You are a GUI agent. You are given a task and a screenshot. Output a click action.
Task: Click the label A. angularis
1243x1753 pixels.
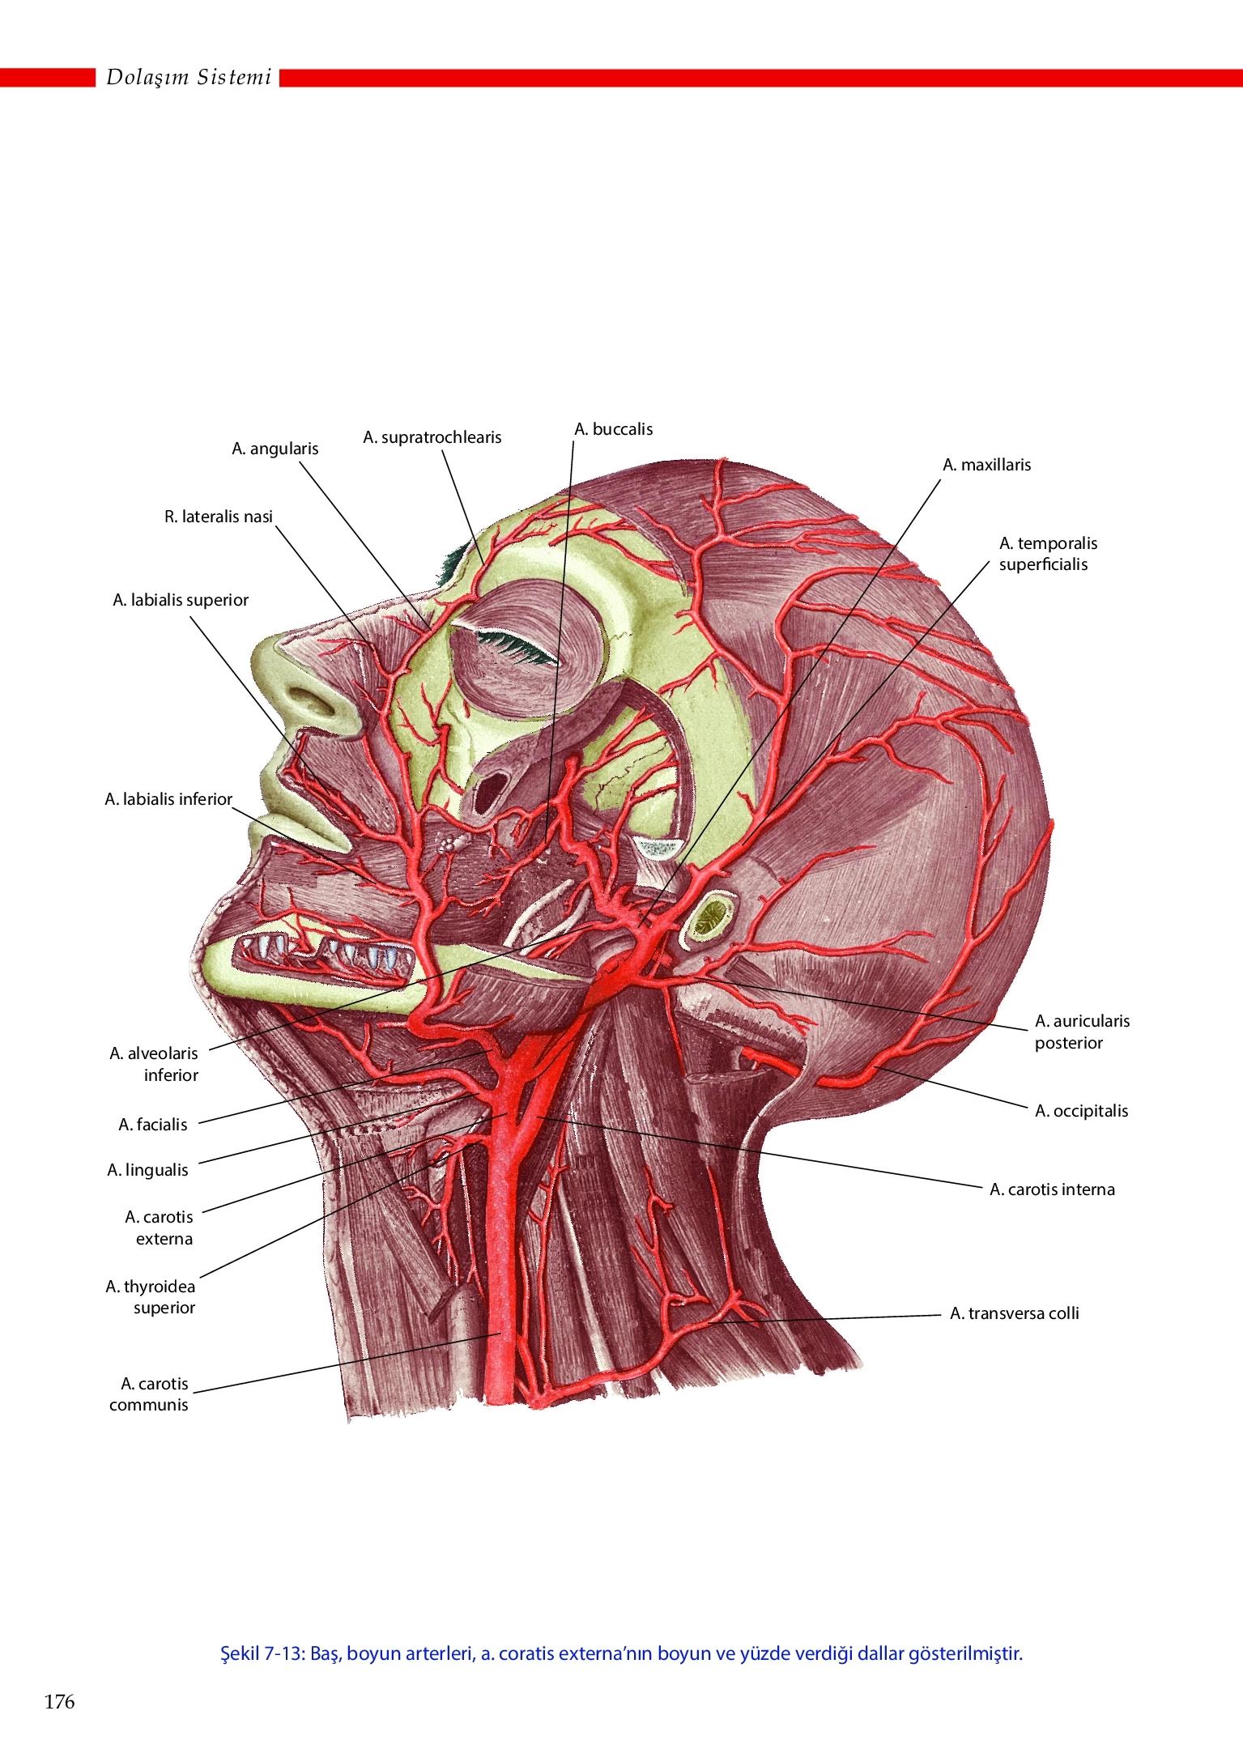(275, 449)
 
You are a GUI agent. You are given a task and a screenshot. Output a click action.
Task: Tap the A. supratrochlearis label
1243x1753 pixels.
(432, 437)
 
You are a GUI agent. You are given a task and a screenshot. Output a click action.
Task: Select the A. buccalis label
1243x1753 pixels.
(614, 429)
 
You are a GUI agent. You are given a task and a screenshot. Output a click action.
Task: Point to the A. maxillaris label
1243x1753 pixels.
(987, 465)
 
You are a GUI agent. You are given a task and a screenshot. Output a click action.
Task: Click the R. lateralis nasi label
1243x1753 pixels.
(219, 517)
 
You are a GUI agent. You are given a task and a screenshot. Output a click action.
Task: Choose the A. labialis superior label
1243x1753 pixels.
(181, 600)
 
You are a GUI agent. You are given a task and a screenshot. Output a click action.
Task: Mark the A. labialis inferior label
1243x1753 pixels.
(168, 799)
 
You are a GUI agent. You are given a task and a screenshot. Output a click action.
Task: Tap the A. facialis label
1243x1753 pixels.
(153, 1125)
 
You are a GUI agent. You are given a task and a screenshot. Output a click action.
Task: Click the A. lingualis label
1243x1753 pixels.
(148, 1170)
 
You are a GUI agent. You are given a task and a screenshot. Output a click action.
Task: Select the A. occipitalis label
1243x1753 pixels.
(1082, 1111)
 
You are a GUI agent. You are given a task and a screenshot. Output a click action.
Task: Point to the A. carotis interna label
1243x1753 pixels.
(1053, 1189)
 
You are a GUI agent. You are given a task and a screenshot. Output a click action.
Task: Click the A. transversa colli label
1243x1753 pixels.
(1015, 1313)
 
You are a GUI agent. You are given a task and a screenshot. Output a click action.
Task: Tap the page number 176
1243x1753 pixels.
(59, 1702)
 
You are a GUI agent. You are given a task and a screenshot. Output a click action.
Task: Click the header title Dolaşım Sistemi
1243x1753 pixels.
(189, 77)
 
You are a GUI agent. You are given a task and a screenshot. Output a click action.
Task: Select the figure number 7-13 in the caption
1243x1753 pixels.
(283, 1653)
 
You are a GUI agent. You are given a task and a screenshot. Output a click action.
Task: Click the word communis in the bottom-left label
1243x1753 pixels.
(149, 1405)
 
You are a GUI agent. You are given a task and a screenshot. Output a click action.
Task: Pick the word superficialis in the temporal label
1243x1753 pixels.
(1044, 564)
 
